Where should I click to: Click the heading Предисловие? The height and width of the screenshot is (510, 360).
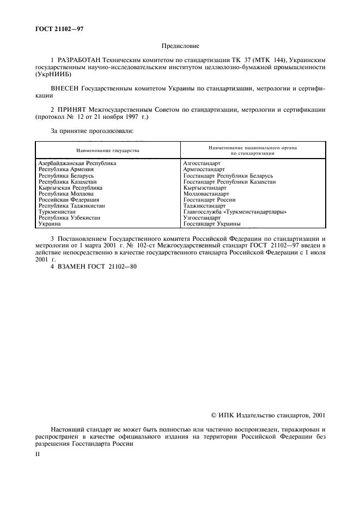(180, 47)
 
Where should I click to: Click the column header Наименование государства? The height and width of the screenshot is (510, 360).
(108, 150)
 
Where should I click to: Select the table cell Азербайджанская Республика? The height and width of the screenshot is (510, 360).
(77, 163)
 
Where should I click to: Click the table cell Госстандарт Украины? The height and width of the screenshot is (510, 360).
(212, 223)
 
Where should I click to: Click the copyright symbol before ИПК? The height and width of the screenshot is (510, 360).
(214, 415)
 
